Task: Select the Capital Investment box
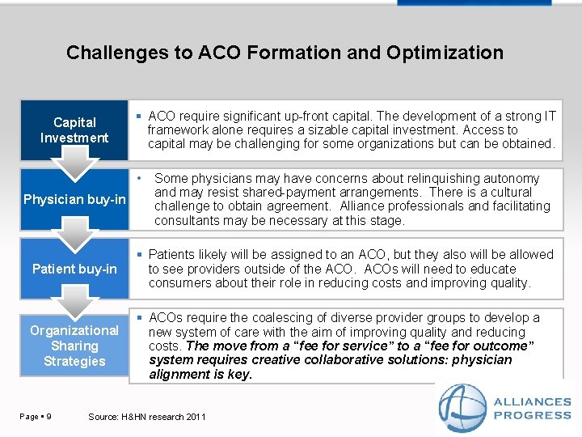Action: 74,129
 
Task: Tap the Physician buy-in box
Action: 74,199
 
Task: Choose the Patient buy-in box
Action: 74,269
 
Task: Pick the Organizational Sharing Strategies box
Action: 74,346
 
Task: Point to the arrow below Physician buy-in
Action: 74,235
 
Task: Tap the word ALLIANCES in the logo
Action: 532,402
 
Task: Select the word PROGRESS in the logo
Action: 532,415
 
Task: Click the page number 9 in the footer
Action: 50,417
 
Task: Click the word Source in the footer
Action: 103,417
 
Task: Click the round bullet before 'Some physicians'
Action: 139,176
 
